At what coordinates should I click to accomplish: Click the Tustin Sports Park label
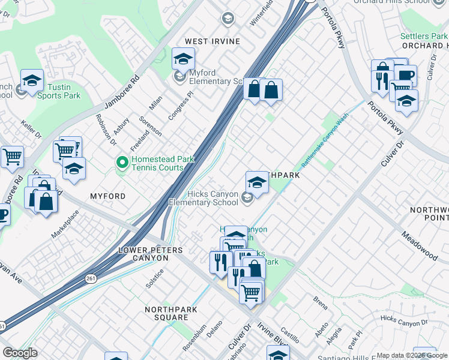58,91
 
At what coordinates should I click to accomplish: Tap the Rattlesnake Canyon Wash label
324,140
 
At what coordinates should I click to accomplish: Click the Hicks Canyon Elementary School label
204,198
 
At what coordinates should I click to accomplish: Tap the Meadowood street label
420,245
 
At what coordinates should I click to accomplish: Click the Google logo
20,353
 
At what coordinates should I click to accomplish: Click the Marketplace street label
65,224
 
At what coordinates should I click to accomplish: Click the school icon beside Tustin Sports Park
32,80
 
